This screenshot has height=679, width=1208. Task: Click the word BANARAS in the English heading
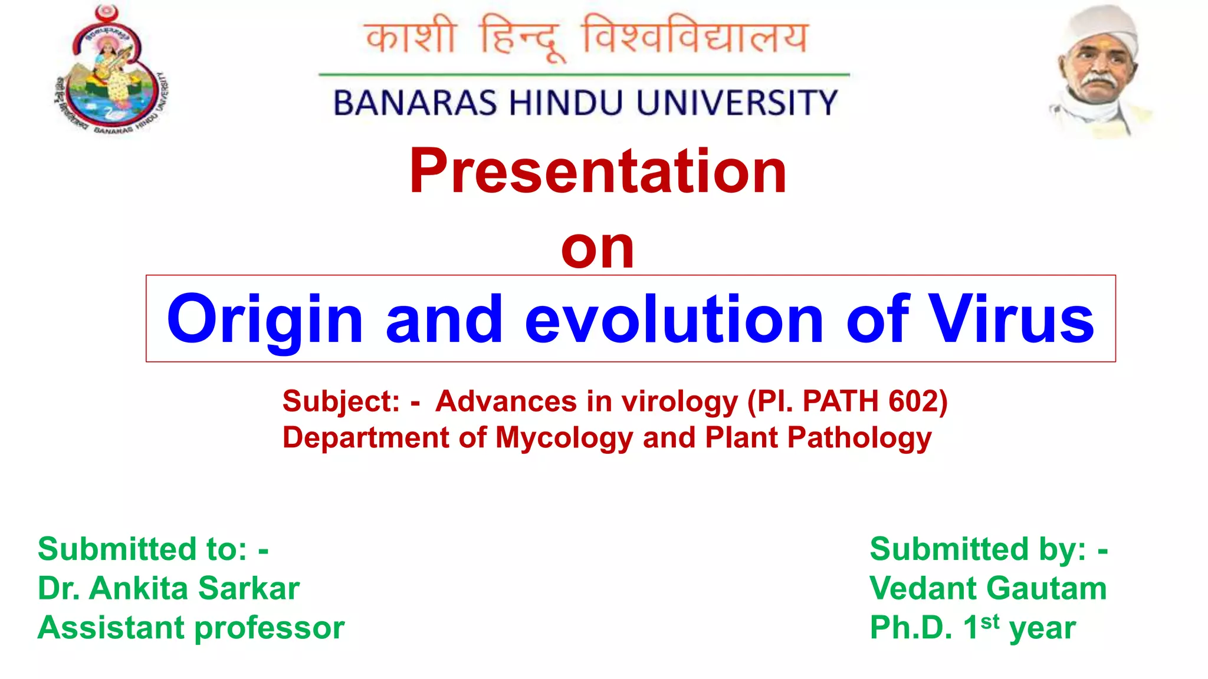pos(415,103)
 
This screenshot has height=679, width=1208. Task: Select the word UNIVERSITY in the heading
pos(737,103)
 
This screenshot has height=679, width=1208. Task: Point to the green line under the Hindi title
pos(584,75)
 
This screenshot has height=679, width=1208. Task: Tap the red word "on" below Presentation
pos(598,248)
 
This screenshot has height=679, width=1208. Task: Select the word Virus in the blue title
pos(1010,319)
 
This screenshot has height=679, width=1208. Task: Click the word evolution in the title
pos(674,319)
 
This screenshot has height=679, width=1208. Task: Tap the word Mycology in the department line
pos(564,439)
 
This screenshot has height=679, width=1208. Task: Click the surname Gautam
pos(1046,588)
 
